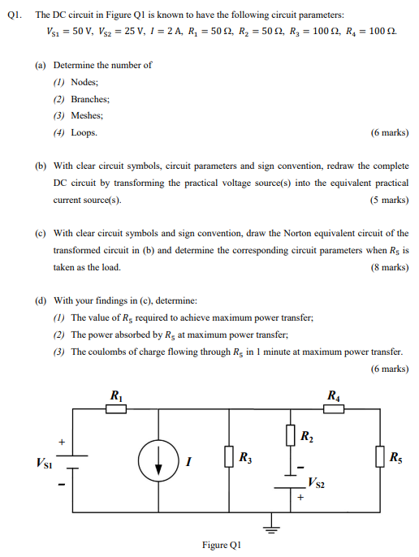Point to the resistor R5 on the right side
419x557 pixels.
click(x=380, y=457)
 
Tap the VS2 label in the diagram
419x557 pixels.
click(x=317, y=484)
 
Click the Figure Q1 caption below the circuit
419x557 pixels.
click(x=221, y=545)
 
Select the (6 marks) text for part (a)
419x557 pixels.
click(x=389, y=132)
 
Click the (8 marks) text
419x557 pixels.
click(x=389, y=267)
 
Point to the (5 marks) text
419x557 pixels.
click(x=389, y=200)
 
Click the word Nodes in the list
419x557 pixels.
click(x=84, y=82)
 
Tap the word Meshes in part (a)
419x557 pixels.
click(x=88, y=115)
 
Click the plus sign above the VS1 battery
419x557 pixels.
click(x=60, y=442)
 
